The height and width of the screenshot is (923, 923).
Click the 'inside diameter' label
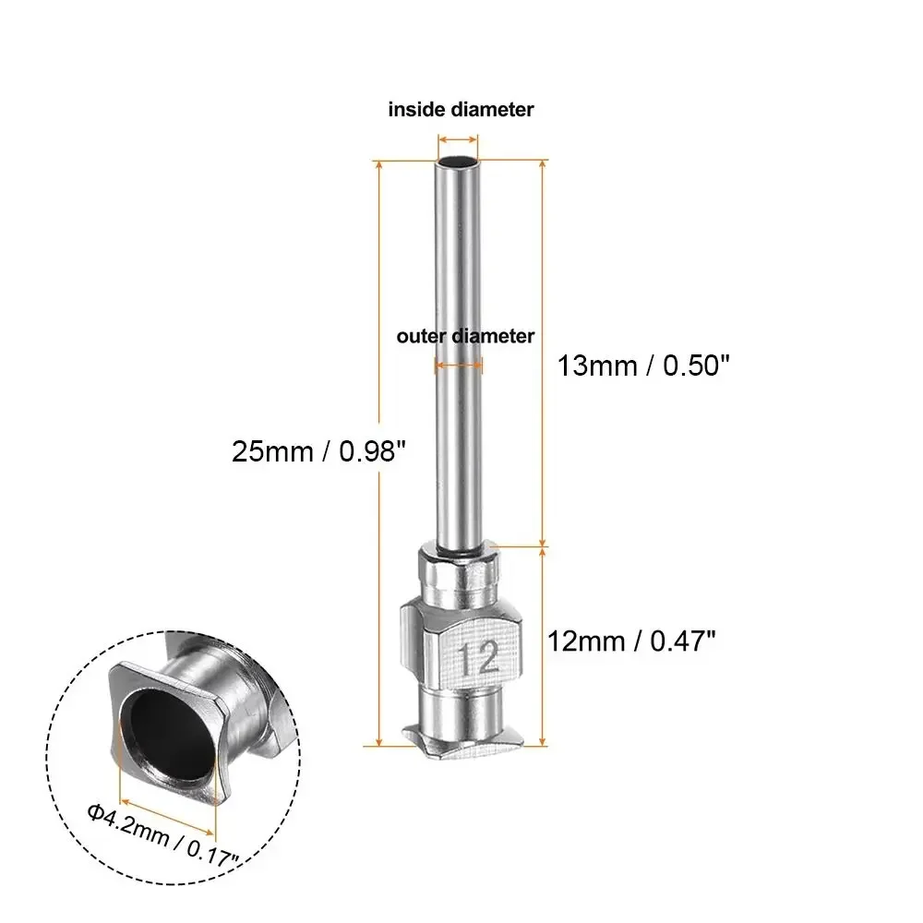coord(461,109)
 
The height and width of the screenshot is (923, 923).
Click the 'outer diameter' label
coord(465,336)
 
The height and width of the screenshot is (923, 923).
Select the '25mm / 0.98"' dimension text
coord(318,452)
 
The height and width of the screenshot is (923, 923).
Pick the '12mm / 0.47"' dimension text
coord(631,639)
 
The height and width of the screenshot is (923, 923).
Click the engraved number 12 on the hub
coord(477,658)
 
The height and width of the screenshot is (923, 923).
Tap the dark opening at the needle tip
coord(459,163)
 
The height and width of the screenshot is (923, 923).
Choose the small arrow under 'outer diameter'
coord(459,366)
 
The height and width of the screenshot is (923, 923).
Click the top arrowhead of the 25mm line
coord(379,165)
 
